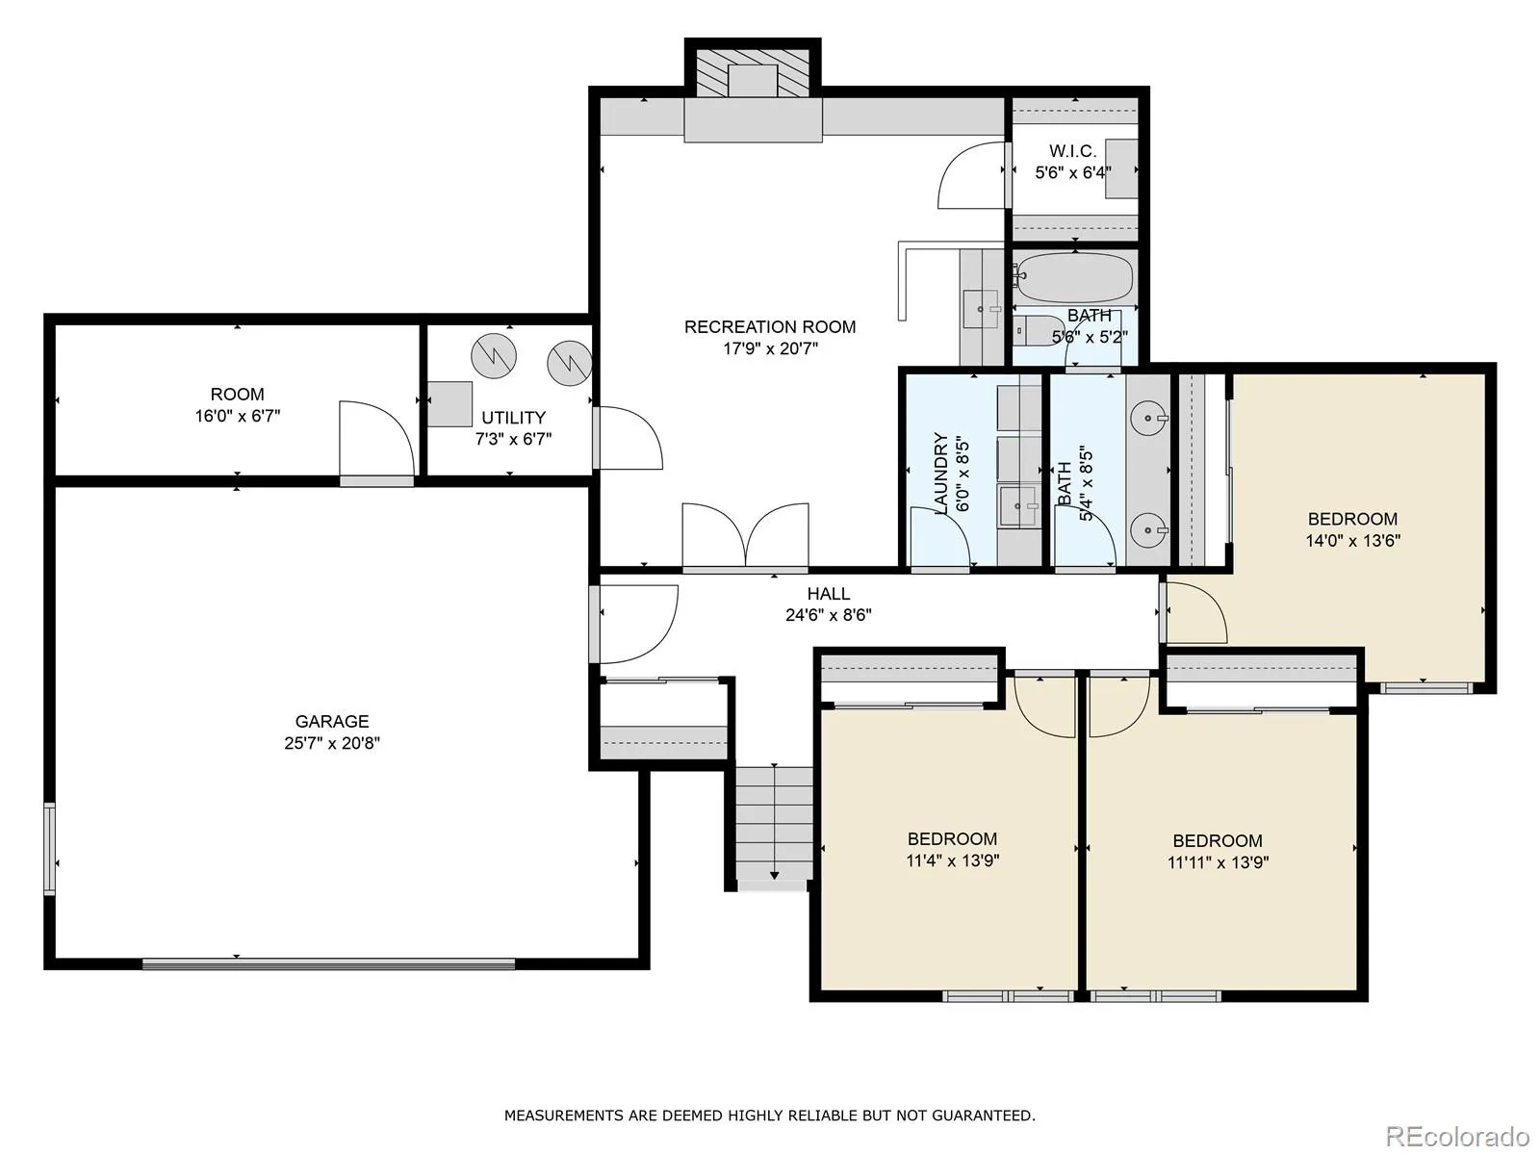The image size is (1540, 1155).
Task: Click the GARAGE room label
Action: click(332, 721)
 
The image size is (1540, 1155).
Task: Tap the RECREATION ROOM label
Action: click(770, 327)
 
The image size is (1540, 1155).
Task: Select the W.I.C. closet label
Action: click(1073, 151)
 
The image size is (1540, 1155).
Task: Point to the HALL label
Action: click(829, 593)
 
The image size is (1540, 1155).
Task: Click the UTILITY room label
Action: click(514, 418)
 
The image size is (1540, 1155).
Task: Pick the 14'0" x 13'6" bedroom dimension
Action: click(1352, 541)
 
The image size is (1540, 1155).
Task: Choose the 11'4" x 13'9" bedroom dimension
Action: click(953, 860)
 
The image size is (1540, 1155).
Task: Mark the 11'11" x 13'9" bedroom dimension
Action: click(1218, 862)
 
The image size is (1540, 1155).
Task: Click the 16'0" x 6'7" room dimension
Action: click(238, 416)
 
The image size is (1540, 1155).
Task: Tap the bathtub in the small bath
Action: click(1074, 278)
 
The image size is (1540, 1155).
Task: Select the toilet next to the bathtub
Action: click(1039, 330)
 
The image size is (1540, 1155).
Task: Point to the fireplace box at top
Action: click(752, 74)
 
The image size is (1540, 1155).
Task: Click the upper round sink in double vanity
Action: click(1148, 419)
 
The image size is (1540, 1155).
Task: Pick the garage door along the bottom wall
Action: click(328, 964)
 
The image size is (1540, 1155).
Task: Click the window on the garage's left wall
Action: click(49, 849)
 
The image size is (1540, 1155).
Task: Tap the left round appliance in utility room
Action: click(494, 356)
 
